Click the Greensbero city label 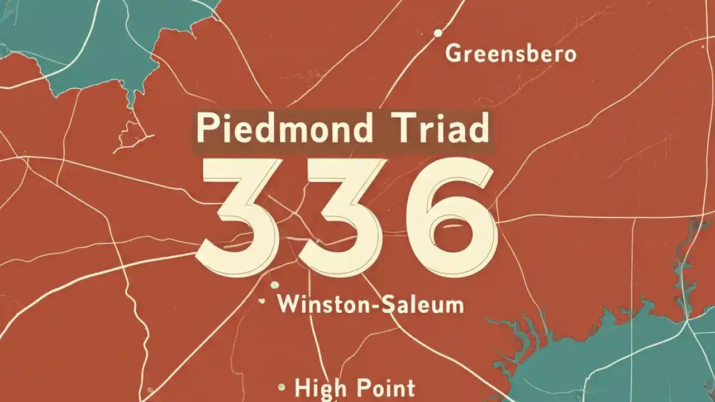coord(511,55)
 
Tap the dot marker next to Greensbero coord(438,33)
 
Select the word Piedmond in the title coord(284,130)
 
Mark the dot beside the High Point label coord(282,386)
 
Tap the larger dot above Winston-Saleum coord(274,285)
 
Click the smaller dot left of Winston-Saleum coord(261,301)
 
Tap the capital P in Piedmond coord(205,130)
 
